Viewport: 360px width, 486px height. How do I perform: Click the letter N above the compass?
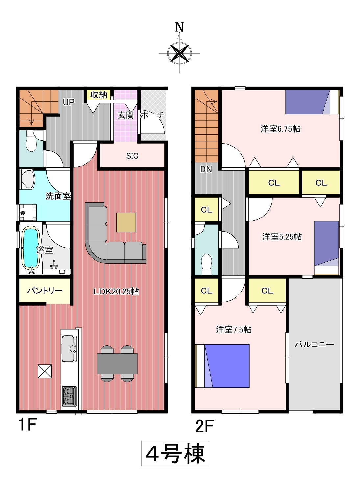pos(179,27)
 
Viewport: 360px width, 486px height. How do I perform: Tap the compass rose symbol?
pos(180,53)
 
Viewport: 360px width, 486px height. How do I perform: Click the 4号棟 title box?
pos(175,453)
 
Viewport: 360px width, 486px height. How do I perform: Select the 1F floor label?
pos(28,424)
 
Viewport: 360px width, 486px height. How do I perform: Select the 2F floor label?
pos(204,426)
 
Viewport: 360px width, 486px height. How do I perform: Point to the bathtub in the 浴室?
pos(31,249)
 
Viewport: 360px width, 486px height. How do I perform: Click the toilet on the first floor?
pos(31,141)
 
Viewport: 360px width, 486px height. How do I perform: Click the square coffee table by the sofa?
pos(126,222)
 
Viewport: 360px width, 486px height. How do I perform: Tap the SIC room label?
pos(132,156)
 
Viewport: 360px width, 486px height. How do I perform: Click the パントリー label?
pos(45,291)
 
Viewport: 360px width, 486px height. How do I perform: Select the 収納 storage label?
pos(99,95)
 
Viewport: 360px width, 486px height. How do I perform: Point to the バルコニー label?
pos(314,345)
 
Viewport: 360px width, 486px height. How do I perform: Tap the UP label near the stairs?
pos(69,102)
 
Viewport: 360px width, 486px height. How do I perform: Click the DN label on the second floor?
pos(206,169)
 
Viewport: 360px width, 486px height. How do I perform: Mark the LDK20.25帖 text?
pos(116,292)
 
